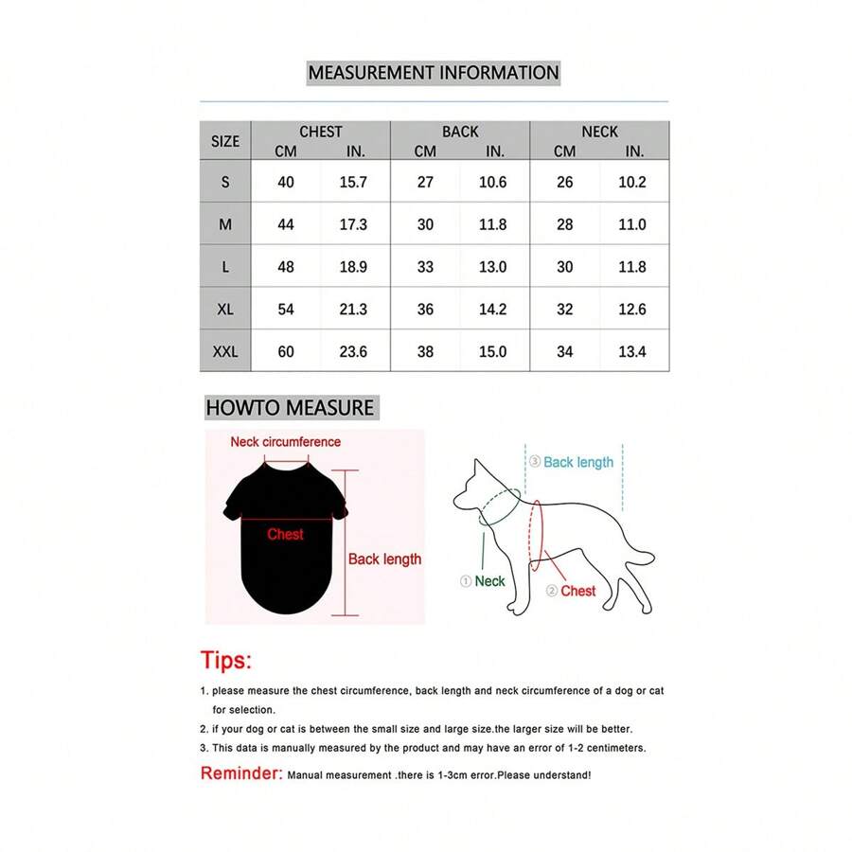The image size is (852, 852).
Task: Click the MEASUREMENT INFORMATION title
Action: pos(434,73)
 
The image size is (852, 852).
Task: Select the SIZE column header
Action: pos(225,141)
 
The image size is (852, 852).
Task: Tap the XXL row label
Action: pos(225,351)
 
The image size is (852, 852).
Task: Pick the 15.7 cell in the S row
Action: pos(353,182)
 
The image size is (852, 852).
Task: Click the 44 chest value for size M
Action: pos(286,224)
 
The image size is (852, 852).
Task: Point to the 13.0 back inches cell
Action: pos(492,267)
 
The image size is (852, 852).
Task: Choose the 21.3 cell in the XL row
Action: pos(353,310)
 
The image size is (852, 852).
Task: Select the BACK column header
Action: pos(460,132)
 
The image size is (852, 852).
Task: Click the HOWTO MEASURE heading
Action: pos(290,408)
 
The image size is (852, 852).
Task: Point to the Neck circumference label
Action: pos(285,442)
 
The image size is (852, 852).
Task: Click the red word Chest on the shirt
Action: pos(285,535)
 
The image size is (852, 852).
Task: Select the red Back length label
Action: pos(384,559)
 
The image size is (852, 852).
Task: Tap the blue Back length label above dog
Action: pos(577,463)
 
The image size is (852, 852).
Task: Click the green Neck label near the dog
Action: pos(489,581)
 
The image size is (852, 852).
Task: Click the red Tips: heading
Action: pos(226,661)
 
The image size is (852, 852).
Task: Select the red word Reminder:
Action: pos(241,773)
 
